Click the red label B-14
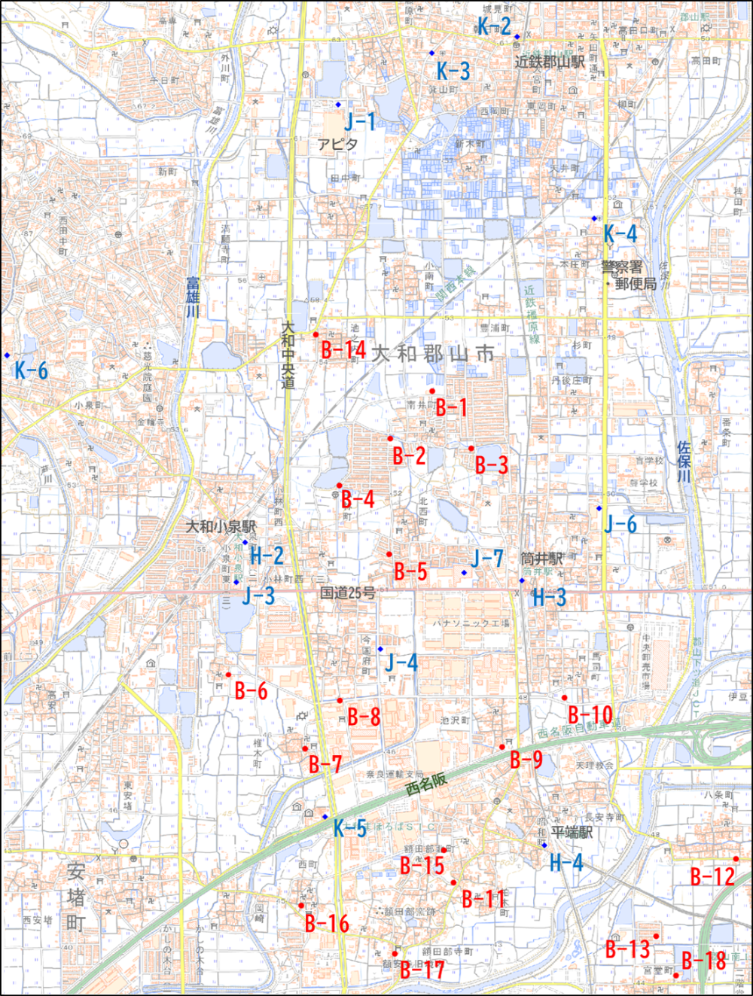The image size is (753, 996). click(343, 349)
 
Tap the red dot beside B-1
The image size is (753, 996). click(432, 391)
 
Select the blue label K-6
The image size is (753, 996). click(31, 370)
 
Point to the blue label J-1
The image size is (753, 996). click(360, 120)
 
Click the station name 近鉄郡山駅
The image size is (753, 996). click(550, 62)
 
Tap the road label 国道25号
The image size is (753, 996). click(347, 592)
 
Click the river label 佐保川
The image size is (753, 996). click(683, 461)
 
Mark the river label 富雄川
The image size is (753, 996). click(194, 297)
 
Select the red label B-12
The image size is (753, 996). click(712, 876)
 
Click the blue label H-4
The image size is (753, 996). click(566, 862)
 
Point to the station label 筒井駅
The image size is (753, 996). click(542, 558)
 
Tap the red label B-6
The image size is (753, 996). click(251, 690)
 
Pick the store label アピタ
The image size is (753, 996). click(337, 144)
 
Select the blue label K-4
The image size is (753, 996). click(620, 233)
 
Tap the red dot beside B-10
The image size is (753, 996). click(564, 698)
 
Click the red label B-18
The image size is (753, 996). click(704, 961)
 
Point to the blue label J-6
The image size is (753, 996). click(620, 524)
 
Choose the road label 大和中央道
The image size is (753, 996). click(288, 355)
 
